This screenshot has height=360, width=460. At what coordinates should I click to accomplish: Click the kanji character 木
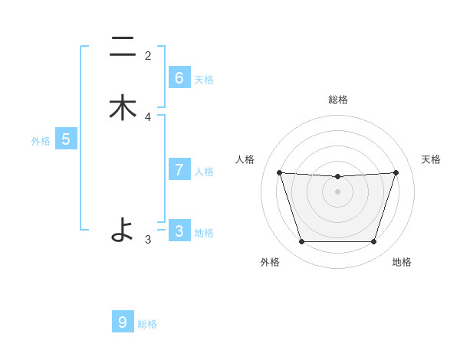123,107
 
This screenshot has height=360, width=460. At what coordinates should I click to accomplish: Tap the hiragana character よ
123,229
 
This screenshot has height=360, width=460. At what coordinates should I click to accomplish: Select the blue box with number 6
179,78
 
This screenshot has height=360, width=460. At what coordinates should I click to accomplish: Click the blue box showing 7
179,170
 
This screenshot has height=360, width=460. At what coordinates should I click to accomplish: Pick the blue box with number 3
179,231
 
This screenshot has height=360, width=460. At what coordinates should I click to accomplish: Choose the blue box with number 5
66,139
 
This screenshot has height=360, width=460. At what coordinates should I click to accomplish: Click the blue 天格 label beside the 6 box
204,80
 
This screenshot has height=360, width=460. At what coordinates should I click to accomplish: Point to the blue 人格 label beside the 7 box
204,172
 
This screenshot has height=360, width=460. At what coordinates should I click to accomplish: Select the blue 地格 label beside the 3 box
204,233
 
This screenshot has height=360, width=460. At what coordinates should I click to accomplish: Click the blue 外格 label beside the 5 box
41,141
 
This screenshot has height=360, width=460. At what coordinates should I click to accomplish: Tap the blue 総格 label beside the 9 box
147,324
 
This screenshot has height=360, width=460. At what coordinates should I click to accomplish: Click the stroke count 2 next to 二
148,55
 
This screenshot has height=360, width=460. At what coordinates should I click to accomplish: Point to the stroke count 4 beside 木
148,117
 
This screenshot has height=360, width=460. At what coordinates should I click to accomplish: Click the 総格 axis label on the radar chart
338,100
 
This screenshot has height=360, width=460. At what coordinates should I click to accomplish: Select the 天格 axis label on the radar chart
431,159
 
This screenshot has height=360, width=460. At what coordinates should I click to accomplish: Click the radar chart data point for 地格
373,242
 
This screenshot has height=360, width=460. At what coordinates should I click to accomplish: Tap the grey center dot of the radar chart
338,191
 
